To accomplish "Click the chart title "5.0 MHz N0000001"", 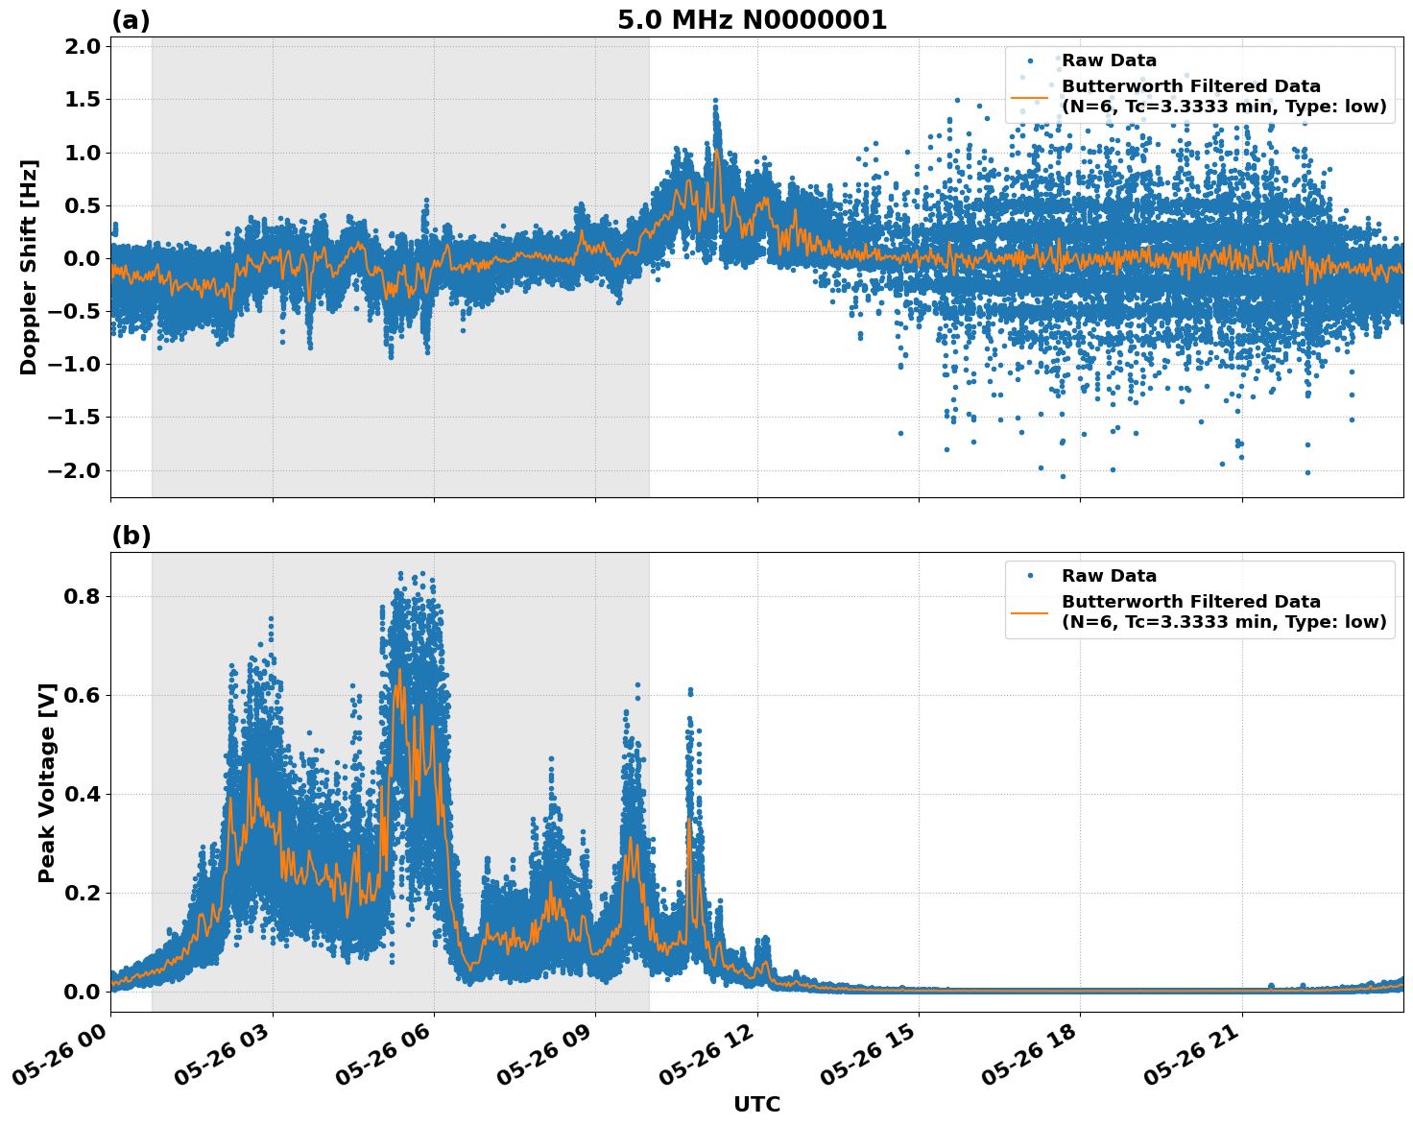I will pyautogui.click(x=752, y=20).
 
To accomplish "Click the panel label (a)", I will pyautogui.click(x=131, y=20).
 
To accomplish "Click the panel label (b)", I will pyautogui.click(x=131, y=536).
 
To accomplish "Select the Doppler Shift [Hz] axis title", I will pyautogui.click(x=29, y=267).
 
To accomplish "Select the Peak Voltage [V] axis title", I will pyautogui.click(x=47, y=782).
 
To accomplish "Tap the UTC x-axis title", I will pyautogui.click(x=756, y=1104).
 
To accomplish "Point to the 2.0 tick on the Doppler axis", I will pyautogui.click(x=81, y=47).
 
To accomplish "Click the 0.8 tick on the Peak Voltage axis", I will pyautogui.click(x=86, y=596).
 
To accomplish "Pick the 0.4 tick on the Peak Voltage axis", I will pyautogui.click(x=86, y=794).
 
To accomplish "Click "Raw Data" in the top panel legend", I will pyautogui.click(x=1109, y=60).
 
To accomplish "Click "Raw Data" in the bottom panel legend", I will pyautogui.click(x=1109, y=576).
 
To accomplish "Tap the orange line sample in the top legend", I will pyautogui.click(x=1029, y=97).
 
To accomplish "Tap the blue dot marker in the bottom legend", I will pyautogui.click(x=1029, y=576).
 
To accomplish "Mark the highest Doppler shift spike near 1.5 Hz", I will pyautogui.click(x=715, y=100).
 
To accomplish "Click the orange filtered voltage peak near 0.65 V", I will pyautogui.click(x=399, y=670).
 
